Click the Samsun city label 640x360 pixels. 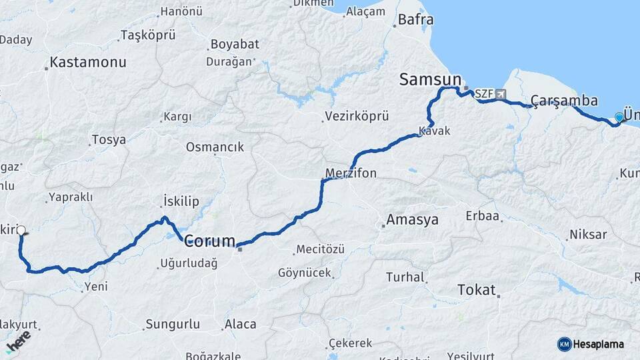pos(430,79)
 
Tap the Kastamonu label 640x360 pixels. pos(88,63)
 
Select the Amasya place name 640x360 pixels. pos(413,219)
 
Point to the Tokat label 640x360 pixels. pos(477,290)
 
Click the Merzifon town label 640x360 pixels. pos(351,173)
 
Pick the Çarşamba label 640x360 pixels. pos(564,100)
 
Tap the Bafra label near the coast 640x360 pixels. pos(415,20)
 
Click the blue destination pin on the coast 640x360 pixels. pos(619,118)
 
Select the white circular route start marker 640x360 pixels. pos(21,231)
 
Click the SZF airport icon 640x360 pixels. pos(501,95)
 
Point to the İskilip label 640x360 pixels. pos(181,201)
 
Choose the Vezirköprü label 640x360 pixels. pos(356,116)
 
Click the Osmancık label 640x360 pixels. pos(215,147)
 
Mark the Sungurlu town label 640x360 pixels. pos(172,325)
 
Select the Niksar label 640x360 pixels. pos(588,235)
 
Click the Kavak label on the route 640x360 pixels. pos(435,131)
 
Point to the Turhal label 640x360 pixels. pos(405,277)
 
